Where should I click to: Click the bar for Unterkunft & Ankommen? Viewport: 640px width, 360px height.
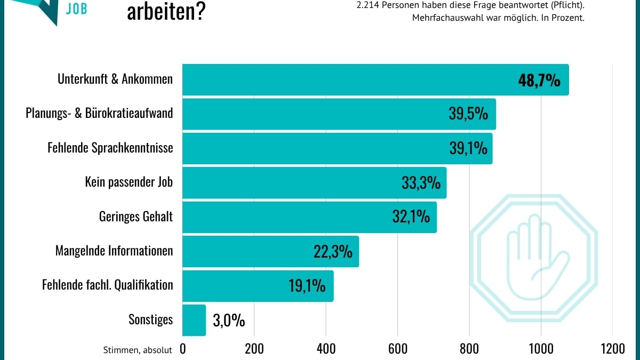[x=347, y=79]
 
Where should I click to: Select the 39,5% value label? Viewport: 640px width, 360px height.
[x=468, y=114]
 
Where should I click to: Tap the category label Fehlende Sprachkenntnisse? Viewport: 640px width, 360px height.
[x=110, y=148]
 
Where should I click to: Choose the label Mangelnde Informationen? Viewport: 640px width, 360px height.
[x=114, y=251]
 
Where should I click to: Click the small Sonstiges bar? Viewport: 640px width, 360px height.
[x=194, y=320]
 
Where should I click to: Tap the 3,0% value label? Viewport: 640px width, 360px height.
[x=229, y=321]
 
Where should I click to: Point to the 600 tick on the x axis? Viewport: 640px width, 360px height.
[x=398, y=349]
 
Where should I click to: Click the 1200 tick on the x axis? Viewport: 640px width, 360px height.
[x=612, y=349]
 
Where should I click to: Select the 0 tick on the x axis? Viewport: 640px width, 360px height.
[x=183, y=349]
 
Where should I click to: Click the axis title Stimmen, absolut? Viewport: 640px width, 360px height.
[x=138, y=350]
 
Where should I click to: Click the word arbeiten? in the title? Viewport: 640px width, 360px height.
[x=166, y=12]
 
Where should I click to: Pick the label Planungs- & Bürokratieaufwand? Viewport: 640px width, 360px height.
[x=99, y=114]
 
